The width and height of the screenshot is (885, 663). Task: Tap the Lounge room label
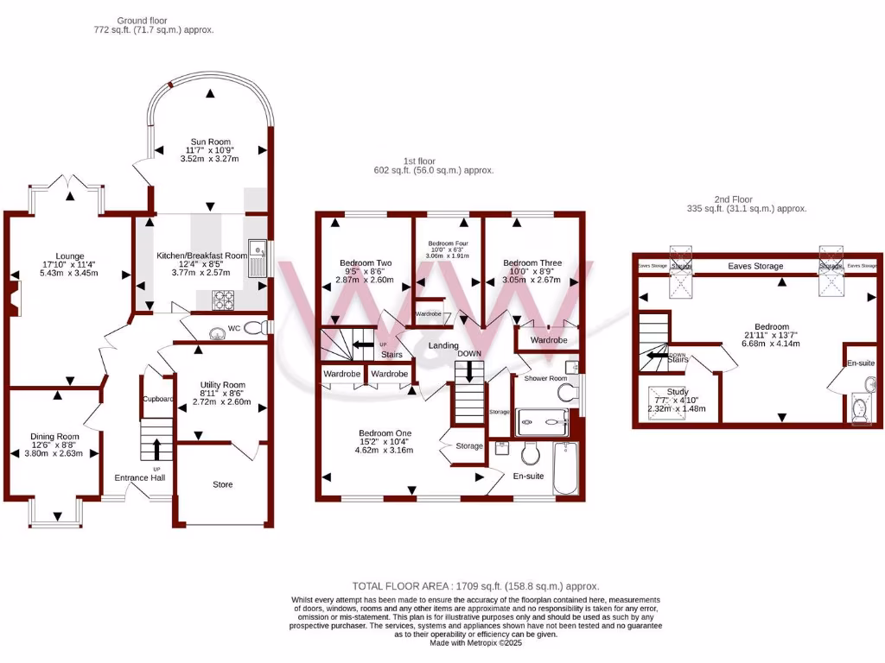tap(69, 256)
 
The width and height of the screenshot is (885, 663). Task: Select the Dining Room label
tap(54, 437)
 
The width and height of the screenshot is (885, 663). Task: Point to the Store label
tap(223, 484)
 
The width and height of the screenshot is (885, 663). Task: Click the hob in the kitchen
tap(225, 299)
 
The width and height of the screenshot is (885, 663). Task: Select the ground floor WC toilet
tap(253, 328)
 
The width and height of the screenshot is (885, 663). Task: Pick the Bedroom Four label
tap(448, 244)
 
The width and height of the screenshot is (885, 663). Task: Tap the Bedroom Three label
tap(532, 262)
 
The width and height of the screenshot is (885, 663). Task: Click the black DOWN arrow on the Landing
tap(468, 371)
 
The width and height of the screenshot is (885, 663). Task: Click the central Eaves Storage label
tap(755, 267)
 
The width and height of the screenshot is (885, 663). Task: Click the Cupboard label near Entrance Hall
tap(158, 399)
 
